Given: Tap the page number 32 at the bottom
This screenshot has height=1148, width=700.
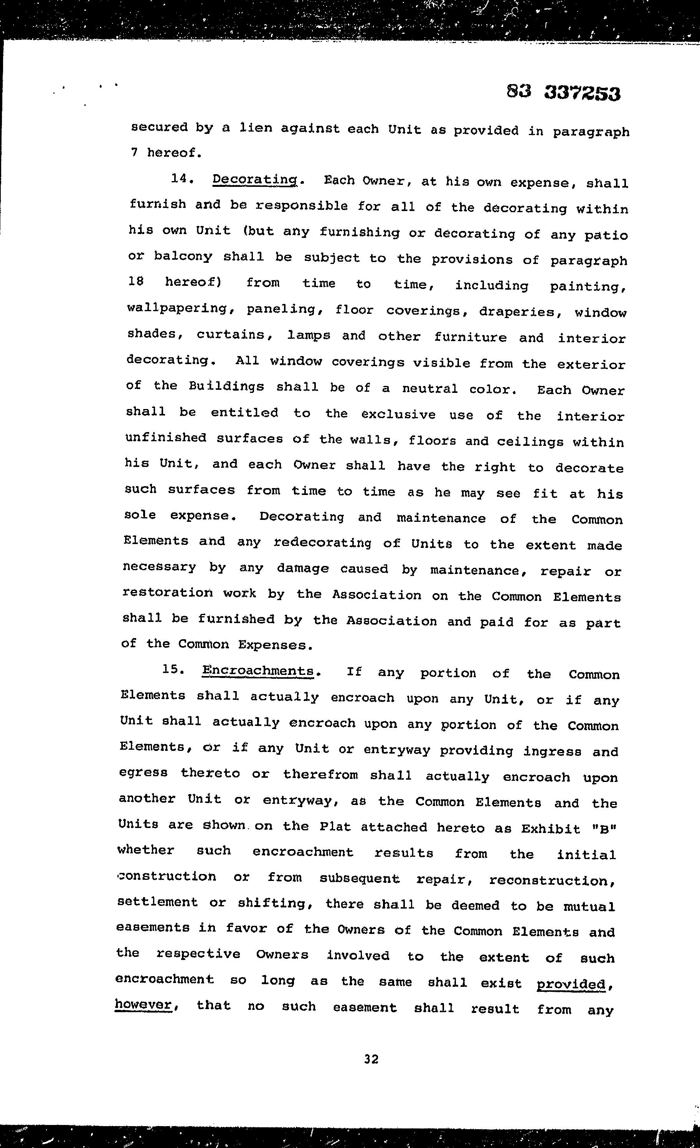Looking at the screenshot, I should point(371,1059).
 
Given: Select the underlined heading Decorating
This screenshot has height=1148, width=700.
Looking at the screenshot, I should point(254,180).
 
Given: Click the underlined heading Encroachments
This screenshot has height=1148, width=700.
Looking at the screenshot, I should point(258,671).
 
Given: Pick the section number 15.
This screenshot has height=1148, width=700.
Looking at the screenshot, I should point(174,670).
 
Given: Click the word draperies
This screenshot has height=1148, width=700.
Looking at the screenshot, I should point(520,312).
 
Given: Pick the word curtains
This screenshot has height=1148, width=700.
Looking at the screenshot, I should point(230,335).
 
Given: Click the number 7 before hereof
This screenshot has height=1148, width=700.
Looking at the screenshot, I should point(134,152).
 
